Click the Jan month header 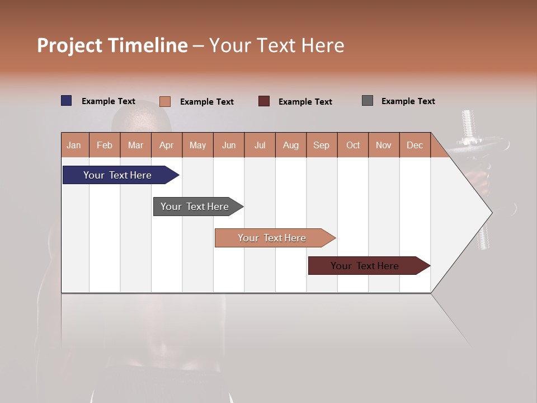[x=74, y=145]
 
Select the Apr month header [x=167, y=145]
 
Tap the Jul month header [x=260, y=145]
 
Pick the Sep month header [x=321, y=145]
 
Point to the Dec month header [x=414, y=145]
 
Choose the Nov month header [x=383, y=145]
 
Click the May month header [x=197, y=145]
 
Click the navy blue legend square [x=67, y=101]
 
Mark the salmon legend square [x=164, y=101]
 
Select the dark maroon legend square [x=264, y=101]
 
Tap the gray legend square [x=368, y=101]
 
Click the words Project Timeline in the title [x=112, y=45]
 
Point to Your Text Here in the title [x=276, y=45]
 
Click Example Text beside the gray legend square [x=408, y=101]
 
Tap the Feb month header [x=105, y=145]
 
